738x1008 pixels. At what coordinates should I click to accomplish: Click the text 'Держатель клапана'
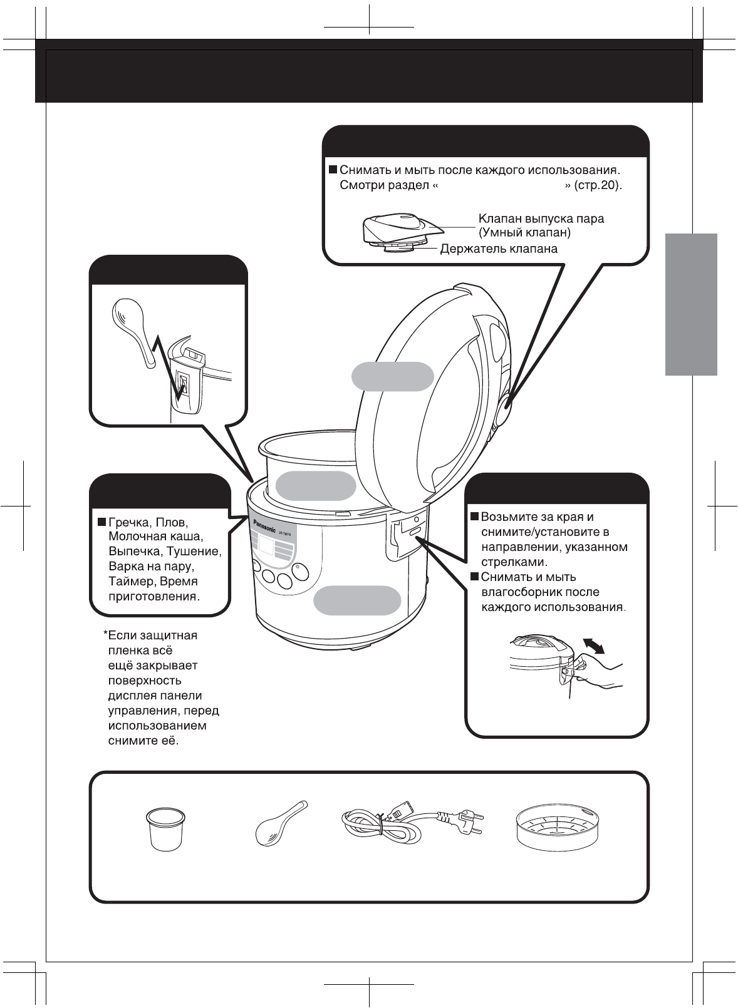[499, 249]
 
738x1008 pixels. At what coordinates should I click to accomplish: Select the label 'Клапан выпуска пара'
[541, 219]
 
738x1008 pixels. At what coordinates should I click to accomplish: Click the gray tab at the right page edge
[691, 304]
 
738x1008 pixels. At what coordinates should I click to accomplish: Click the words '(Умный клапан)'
[524, 233]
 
